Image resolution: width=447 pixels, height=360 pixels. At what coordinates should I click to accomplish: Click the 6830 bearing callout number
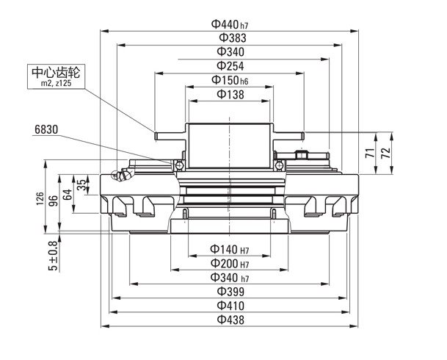[x=46, y=129]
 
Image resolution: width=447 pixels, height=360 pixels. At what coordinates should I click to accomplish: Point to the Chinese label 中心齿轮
[x=56, y=73]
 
